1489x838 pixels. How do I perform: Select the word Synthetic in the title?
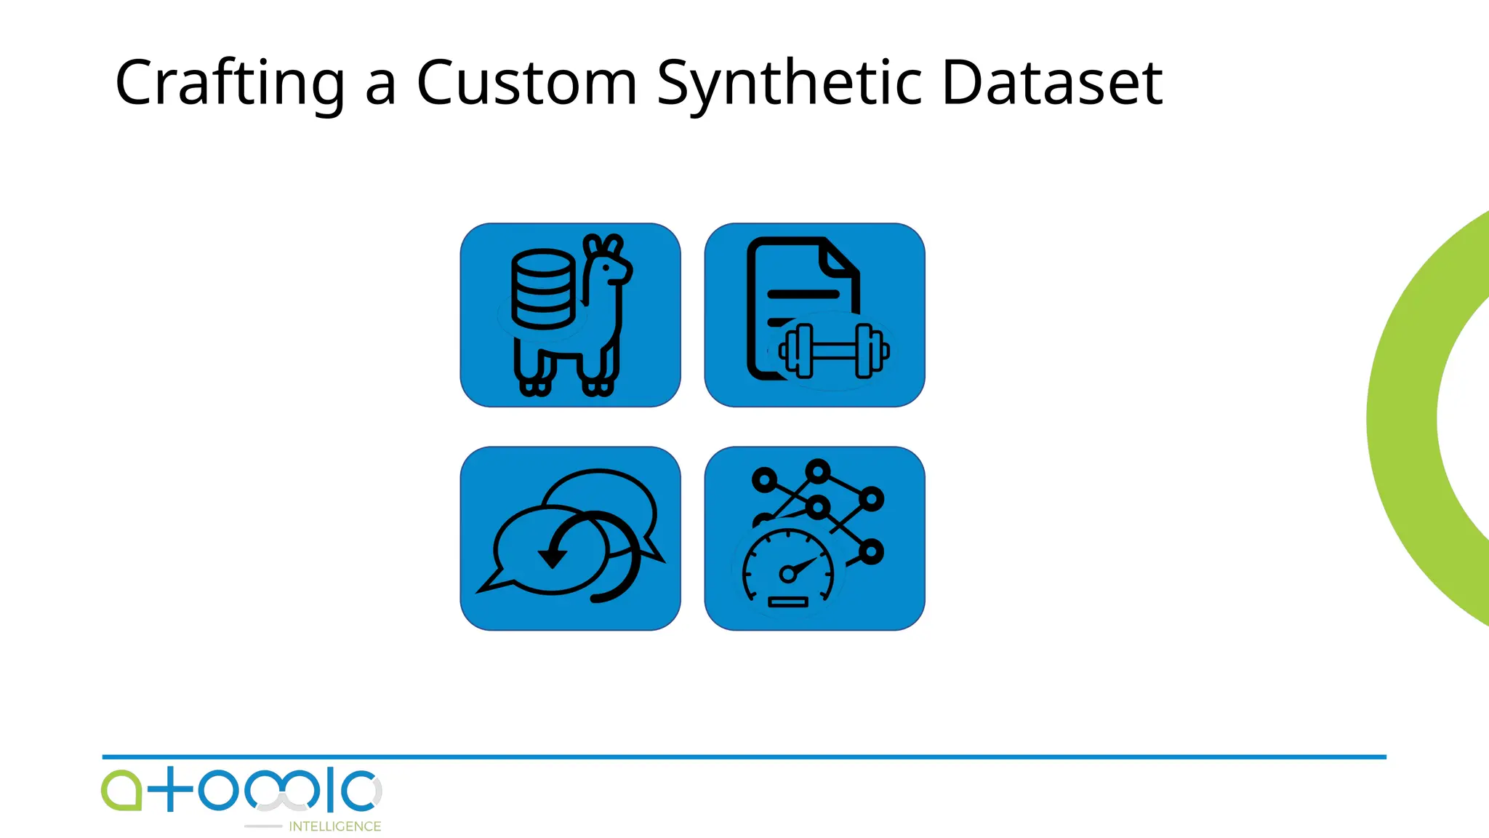789,84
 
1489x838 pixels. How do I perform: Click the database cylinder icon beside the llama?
542,289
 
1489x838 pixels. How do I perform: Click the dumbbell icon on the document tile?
834,351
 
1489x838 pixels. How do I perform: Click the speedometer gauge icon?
788,571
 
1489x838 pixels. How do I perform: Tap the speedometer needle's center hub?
787,574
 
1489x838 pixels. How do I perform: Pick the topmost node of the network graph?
818,471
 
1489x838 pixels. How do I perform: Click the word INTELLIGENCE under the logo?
334,826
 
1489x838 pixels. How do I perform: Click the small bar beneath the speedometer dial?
788,602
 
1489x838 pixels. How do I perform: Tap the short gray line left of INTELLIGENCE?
263,826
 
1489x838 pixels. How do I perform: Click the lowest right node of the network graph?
871,552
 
